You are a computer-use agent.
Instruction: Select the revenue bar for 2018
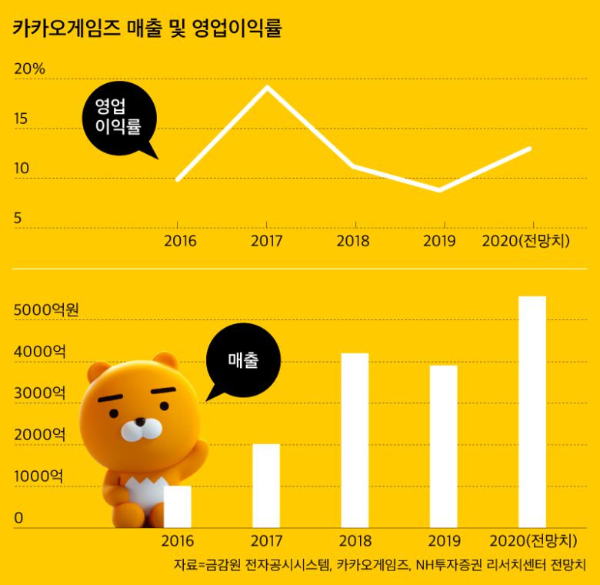point(355,440)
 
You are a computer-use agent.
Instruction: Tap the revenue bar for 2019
point(443,446)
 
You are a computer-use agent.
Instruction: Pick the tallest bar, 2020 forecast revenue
point(532,412)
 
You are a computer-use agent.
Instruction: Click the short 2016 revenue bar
point(178,506)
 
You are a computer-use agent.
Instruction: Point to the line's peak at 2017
point(267,87)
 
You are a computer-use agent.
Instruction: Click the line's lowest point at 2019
point(439,189)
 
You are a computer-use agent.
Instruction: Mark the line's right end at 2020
point(529,149)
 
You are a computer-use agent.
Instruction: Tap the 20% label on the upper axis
point(30,69)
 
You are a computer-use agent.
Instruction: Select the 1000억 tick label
point(38,476)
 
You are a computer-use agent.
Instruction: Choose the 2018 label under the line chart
point(353,241)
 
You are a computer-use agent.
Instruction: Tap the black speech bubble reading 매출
point(244,359)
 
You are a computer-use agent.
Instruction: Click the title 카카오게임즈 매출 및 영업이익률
point(147,29)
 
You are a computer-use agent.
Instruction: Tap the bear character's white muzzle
point(141,428)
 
